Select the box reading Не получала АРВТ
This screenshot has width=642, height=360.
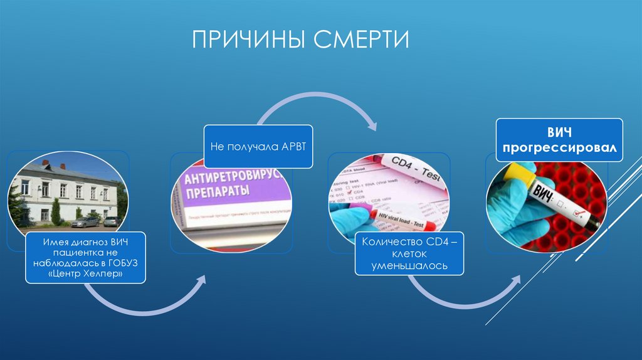pos(258,147)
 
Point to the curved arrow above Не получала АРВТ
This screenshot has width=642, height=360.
pos(317,107)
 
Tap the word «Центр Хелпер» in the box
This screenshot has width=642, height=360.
pos(86,275)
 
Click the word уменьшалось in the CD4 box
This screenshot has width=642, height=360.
pos(410,267)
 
